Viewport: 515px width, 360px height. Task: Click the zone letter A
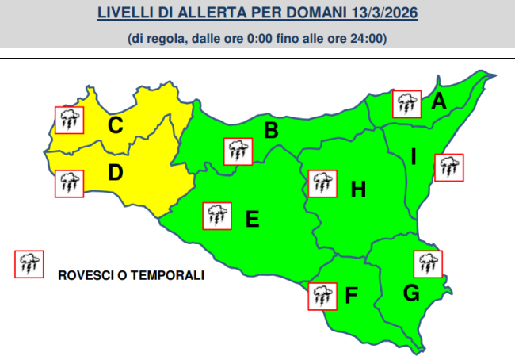click(x=437, y=101)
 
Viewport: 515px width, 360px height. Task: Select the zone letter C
click(x=115, y=125)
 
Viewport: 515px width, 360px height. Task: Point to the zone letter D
click(x=115, y=172)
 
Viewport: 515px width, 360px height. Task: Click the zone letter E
click(x=253, y=218)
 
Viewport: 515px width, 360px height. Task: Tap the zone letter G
click(x=410, y=293)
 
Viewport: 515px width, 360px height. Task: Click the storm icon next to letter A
click(x=407, y=103)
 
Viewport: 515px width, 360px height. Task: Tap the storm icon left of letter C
click(x=68, y=121)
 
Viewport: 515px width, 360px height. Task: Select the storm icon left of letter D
click(x=68, y=184)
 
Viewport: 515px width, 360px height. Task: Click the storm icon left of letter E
click(x=217, y=216)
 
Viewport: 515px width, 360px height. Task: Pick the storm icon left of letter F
click(x=322, y=297)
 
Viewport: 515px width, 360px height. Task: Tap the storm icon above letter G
click(x=428, y=264)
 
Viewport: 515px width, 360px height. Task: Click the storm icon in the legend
click(x=29, y=263)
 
